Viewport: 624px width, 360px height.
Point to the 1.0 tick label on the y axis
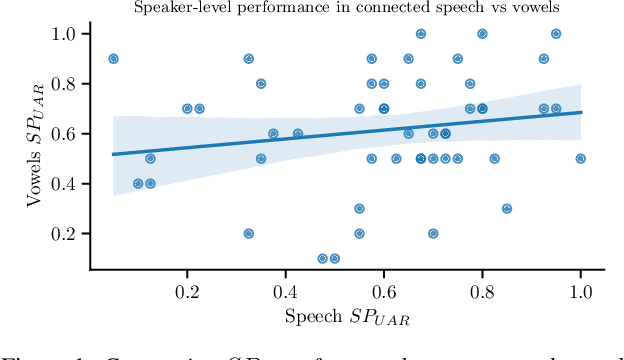pyautogui.click(x=65, y=34)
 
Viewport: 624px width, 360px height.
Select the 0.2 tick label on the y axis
pyautogui.click(x=65, y=233)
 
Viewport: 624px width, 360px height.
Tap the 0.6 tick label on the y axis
pyautogui.click(x=65, y=134)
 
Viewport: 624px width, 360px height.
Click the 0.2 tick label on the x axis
pyautogui.click(x=187, y=291)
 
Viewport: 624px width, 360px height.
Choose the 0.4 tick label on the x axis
pyautogui.click(x=285, y=291)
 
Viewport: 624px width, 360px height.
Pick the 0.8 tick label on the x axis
pyautogui.click(x=482, y=291)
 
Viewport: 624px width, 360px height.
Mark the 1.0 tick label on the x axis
pyautogui.click(x=580, y=291)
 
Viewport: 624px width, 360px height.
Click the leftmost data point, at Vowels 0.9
pyautogui.click(x=113, y=59)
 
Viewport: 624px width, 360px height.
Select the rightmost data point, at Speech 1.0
pyautogui.click(x=580, y=158)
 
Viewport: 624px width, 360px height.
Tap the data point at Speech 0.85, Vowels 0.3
pyautogui.click(x=507, y=208)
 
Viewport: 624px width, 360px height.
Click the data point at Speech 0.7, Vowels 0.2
pyautogui.click(x=433, y=233)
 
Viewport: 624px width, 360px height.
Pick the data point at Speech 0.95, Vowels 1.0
pyautogui.click(x=556, y=34)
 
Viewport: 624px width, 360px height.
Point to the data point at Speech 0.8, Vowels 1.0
pyautogui.click(x=482, y=34)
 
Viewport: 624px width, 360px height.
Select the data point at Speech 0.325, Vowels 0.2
pyautogui.click(x=248, y=233)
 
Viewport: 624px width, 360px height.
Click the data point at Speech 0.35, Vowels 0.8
pyautogui.click(x=261, y=84)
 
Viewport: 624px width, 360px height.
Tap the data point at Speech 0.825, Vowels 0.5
pyautogui.click(x=494, y=158)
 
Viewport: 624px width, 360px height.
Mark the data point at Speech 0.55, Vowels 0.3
pyautogui.click(x=359, y=208)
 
